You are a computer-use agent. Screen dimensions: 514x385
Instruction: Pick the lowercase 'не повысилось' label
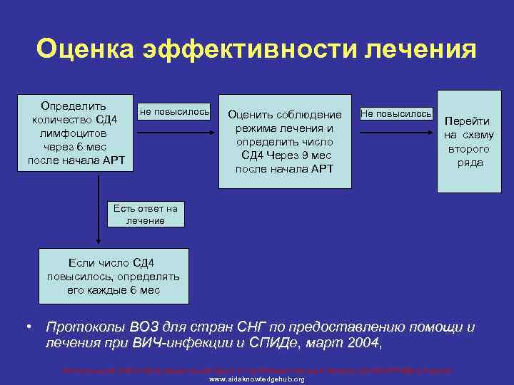pyautogui.click(x=174, y=112)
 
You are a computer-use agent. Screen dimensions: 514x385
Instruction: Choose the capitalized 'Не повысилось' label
pyautogui.click(x=396, y=113)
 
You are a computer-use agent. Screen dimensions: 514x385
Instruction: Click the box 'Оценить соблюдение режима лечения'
pyautogui.click(x=285, y=141)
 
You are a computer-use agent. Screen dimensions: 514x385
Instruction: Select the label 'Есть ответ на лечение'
pyautogui.click(x=145, y=214)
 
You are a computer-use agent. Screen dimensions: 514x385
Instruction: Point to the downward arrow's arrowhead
pyautogui.click(x=98, y=243)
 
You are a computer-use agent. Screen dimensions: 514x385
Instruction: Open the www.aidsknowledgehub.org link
pyautogui.click(x=256, y=379)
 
